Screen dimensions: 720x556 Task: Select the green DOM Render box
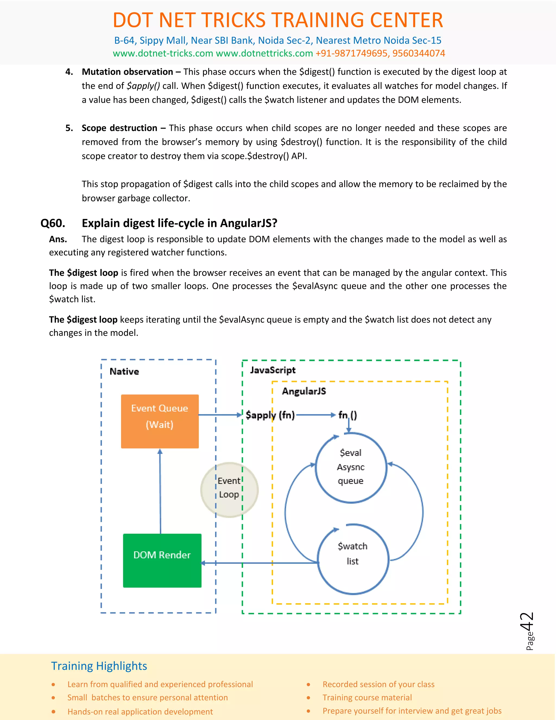(x=162, y=560)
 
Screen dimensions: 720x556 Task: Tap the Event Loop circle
(x=229, y=489)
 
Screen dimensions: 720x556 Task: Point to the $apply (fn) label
(x=270, y=415)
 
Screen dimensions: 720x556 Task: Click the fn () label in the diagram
(x=347, y=415)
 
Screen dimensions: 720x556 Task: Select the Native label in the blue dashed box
(x=124, y=371)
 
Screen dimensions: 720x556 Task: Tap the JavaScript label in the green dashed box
(x=273, y=370)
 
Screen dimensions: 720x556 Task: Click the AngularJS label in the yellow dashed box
(x=304, y=391)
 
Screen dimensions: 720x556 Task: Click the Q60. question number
(x=53, y=223)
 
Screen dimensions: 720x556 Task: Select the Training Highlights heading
(x=99, y=666)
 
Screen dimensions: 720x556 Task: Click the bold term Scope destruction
(x=119, y=128)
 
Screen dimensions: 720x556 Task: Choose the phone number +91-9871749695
(x=352, y=54)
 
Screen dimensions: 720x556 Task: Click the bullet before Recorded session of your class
(x=308, y=684)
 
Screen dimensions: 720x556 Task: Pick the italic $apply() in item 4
(x=143, y=86)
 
